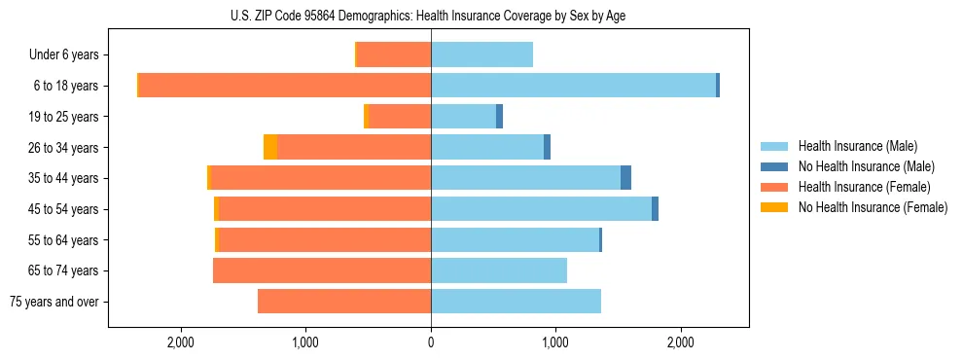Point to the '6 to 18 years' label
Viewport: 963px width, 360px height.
pyautogui.click(x=65, y=86)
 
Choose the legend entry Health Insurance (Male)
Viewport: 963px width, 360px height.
pyautogui.click(x=857, y=146)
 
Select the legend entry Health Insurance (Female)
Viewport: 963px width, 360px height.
pyautogui.click(x=864, y=187)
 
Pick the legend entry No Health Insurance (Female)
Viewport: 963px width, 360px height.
pyautogui.click(x=873, y=207)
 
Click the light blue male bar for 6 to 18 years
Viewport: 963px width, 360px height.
pyautogui.click(x=573, y=86)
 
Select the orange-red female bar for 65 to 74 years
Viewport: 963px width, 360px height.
pyautogui.click(x=322, y=270)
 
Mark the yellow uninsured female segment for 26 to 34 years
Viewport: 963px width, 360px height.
pyautogui.click(x=270, y=147)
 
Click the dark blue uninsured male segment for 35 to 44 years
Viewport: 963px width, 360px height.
pyautogui.click(x=625, y=178)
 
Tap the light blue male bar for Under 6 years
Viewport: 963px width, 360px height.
pyautogui.click(x=481, y=55)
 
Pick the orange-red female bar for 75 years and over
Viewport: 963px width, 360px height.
pyautogui.click(x=344, y=302)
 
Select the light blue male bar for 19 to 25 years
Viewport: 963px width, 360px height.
pyautogui.click(x=463, y=117)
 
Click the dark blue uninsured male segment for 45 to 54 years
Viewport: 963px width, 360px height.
pyautogui.click(x=655, y=209)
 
